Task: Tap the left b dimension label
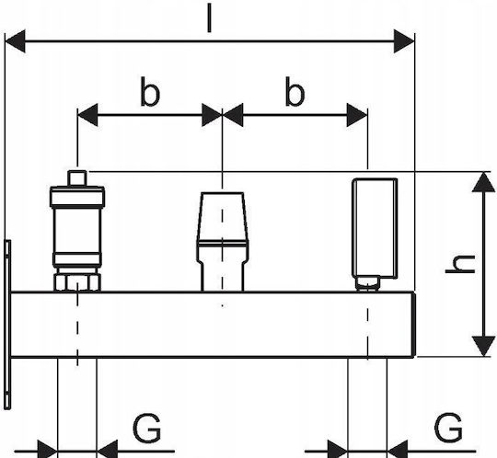[x=150, y=91]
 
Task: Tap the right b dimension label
[x=295, y=91]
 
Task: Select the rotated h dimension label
[x=460, y=264]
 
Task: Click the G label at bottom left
[x=146, y=429]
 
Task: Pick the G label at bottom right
[x=448, y=427]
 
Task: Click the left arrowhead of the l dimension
[x=16, y=41]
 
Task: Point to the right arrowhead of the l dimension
[x=404, y=41]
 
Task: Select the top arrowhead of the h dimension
[x=483, y=182]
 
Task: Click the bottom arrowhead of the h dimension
[x=483, y=346]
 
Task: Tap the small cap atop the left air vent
[x=77, y=178]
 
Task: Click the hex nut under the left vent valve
[x=77, y=282]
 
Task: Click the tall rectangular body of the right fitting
[x=375, y=229]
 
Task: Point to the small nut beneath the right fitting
[x=367, y=283]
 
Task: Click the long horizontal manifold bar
[x=213, y=325]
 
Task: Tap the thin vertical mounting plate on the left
[x=8, y=325]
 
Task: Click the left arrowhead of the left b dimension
[x=87, y=115]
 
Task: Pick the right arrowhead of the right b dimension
[x=357, y=115]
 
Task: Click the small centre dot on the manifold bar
[x=222, y=305]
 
